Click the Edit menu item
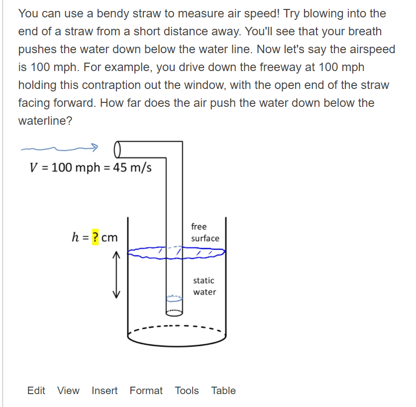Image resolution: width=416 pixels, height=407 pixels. point(36,390)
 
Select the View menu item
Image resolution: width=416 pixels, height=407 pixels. point(68,390)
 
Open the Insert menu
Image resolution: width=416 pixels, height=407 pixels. point(104,390)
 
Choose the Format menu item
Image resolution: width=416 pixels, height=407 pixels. point(146,390)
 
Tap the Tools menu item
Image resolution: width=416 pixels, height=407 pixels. point(187,390)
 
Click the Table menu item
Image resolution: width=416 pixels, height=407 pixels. point(223,390)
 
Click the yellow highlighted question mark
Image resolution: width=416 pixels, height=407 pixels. point(95,237)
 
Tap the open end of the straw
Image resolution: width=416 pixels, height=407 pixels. point(117,150)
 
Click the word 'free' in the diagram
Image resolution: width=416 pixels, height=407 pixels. point(199,227)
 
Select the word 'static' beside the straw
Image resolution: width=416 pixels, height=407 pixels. point(204,280)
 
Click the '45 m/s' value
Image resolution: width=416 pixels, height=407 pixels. point(132,167)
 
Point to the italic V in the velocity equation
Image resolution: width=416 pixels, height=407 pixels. point(34,167)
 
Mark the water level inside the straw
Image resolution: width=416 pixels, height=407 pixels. point(174,298)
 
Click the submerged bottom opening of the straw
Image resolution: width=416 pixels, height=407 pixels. point(174,313)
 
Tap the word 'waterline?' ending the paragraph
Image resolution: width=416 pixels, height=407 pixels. point(45,121)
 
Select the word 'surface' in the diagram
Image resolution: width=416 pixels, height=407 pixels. point(206,238)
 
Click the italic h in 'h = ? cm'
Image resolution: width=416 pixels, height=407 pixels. point(75,237)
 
